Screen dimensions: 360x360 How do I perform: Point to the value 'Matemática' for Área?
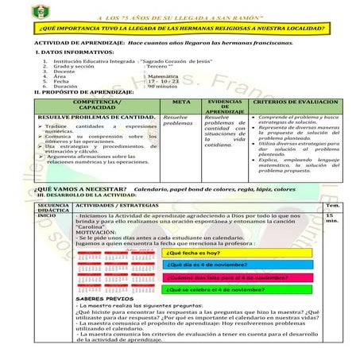coord(165,74)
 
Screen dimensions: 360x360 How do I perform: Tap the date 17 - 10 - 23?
coord(165,80)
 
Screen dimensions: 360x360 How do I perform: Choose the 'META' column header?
coord(181,103)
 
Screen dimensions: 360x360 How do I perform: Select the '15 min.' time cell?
coord(331,219)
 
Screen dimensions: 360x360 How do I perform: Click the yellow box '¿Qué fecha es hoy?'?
coord(195,253)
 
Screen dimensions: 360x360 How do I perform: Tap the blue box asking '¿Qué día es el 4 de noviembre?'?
coord(210,265)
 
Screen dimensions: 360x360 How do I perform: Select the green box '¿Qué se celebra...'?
coord(214,290)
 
